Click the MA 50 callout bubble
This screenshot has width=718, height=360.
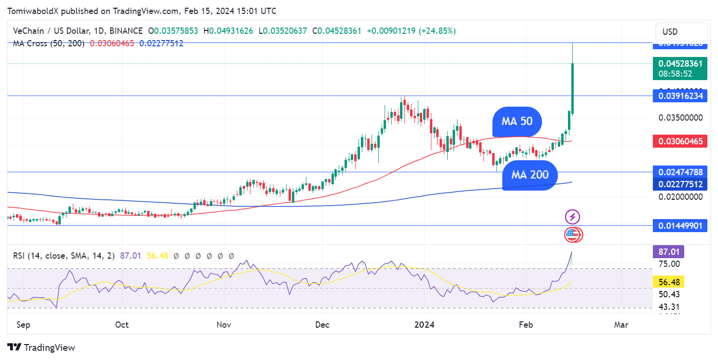[x=517, y=121]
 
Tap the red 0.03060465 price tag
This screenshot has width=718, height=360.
[x=680, y=141]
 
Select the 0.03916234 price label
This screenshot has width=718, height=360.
[x=680, y=96]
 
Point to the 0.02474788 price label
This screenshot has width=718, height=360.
[x=680, y=172]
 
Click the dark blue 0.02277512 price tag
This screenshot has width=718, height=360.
[x=680, y=184]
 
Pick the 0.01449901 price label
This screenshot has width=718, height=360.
[x=680, y=225]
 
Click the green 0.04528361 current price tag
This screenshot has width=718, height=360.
[x=680, y=69]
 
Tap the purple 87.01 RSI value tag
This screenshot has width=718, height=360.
[x=668, y=251]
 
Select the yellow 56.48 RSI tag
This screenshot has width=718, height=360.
[x=668, y=282]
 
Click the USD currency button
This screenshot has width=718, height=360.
[x=670, y=32]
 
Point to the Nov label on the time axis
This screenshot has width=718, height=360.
[x=224, y=325]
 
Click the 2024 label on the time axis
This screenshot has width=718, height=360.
[x=424, y=325]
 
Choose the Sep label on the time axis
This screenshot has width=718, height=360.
[x=23, y=325]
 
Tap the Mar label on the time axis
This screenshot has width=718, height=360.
[x=621, y=325]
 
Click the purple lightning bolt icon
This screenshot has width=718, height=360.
[x=572, y=217]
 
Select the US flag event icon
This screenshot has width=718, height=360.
[x=572, y=235]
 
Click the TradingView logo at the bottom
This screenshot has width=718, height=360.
[x=41, y=347]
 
